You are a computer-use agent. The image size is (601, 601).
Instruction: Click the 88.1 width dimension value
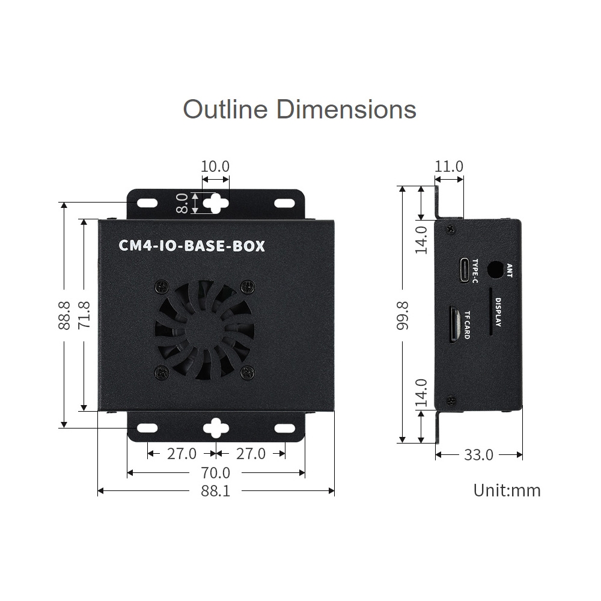(215, 490)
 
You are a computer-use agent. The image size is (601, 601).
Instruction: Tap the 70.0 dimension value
(215, 473)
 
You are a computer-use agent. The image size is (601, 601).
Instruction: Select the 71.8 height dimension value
(84, 315)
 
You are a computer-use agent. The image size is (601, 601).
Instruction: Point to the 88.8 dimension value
(64, 315)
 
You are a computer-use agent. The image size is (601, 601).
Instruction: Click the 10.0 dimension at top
(215, 166)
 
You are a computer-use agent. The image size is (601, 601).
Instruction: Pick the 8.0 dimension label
(182, 203)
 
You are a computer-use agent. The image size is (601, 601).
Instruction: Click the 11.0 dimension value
(449, 166)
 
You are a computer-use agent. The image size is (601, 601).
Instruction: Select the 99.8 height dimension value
(403, 316)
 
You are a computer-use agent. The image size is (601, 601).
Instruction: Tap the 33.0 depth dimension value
(479, 455)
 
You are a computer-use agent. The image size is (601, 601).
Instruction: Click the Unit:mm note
(507, 490)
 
